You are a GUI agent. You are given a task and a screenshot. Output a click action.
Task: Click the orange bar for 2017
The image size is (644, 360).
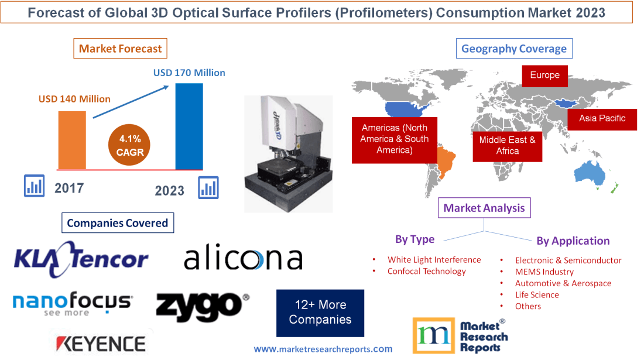[72, 139]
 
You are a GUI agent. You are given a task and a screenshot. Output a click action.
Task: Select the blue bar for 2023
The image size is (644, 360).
[189, 126]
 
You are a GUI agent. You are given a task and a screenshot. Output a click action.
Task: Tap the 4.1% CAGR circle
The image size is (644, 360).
[129, 146]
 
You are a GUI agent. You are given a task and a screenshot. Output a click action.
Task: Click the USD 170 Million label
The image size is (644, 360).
[189, 73]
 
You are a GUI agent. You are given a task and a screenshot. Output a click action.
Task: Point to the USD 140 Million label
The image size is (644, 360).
[74, 99]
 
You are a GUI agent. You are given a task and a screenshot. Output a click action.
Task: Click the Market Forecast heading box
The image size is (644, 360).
[120, 49]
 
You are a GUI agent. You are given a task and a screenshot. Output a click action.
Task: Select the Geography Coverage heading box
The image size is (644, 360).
[514, 49]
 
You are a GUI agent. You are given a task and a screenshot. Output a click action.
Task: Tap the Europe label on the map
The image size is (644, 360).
[544, 76]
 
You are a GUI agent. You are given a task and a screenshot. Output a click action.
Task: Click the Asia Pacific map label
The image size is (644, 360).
[602, 118]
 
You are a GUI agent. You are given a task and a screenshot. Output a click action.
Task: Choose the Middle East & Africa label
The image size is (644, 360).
[507, 145]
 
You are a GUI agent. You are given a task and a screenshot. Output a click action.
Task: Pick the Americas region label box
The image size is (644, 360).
[394, 139]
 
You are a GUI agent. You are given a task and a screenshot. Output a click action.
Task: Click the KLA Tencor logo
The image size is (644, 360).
[81, 258]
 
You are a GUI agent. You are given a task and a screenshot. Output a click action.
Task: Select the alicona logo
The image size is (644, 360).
[243, 258]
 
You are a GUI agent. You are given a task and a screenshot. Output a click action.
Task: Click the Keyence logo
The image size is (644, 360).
[100, 343]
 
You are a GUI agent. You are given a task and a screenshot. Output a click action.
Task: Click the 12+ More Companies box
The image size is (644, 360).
[320, 313]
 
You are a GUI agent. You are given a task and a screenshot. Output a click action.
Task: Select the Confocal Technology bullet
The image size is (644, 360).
[426, 271]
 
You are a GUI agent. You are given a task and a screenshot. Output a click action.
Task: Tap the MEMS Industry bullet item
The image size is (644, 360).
[544, 272]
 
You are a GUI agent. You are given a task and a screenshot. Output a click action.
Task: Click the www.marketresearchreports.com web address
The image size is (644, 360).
[323, 349]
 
